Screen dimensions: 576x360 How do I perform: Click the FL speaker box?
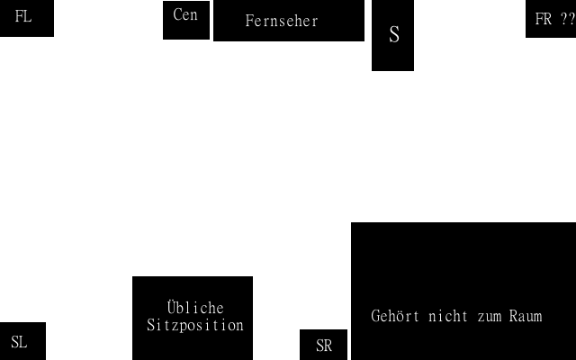26,18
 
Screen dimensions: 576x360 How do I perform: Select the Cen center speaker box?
186,20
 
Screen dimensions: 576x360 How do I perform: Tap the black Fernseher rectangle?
288,21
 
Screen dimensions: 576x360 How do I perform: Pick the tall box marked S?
392,36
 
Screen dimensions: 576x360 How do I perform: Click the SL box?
22,341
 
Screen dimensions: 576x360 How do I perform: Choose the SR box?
323,345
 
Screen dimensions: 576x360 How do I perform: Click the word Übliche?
195,309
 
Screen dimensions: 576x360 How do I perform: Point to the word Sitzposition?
195,326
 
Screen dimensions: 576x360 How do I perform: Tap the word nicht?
448,317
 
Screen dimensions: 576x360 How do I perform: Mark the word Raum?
526,317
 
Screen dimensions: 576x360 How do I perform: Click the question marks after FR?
566,19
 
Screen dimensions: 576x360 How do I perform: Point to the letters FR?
544,19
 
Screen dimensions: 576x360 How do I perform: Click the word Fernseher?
282,21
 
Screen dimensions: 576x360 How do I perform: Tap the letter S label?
393,35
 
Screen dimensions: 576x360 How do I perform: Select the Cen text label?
185,15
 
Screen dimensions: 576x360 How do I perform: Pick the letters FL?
23,16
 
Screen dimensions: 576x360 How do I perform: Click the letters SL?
19,342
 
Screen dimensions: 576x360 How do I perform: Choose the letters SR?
324,346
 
